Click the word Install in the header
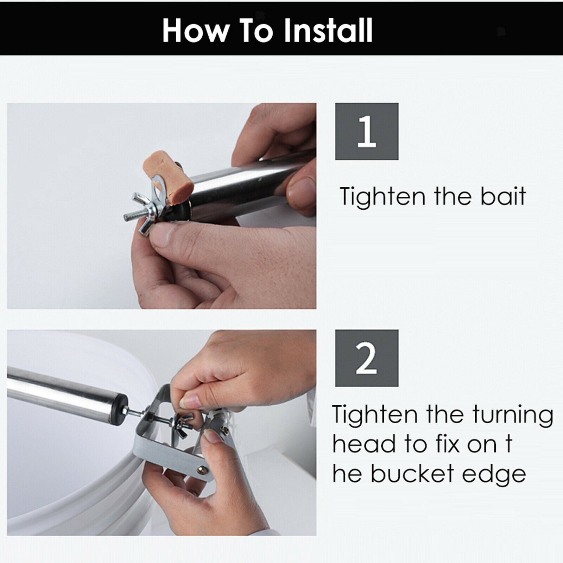(328, 30)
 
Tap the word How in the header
(195, 30)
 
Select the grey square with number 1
(367, 131)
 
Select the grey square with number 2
(367, 358)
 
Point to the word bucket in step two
(412, 474)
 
